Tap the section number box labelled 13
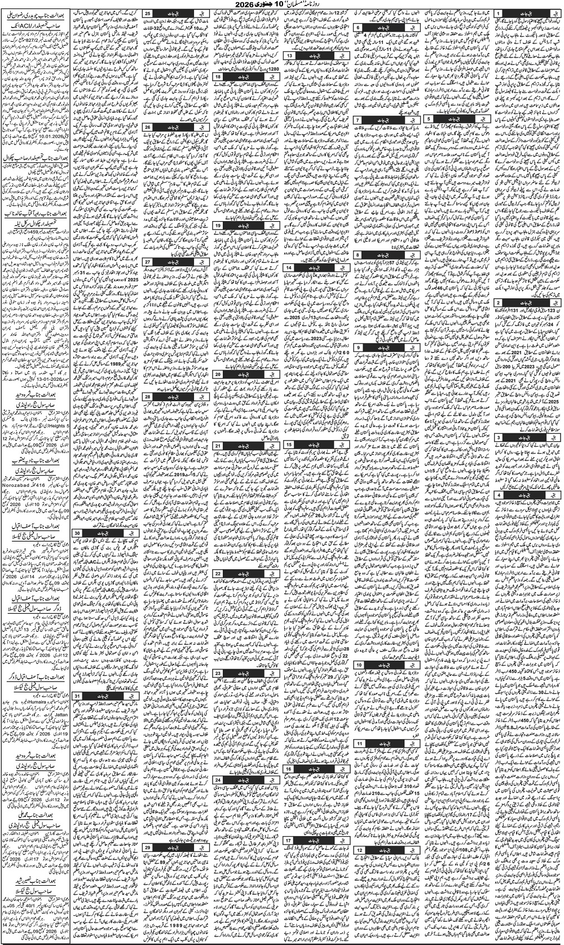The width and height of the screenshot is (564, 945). pyautogui.click(x=289, y=56)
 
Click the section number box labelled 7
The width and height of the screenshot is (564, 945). pyautogui.click(x=359, y=120)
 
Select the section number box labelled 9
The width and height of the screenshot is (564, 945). pyautogui.click(x=359, y=347)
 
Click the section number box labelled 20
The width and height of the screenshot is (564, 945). pyautogui.click(x=218, y=373)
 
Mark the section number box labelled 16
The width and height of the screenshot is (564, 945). pyautogui.click(x=289, y=769)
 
